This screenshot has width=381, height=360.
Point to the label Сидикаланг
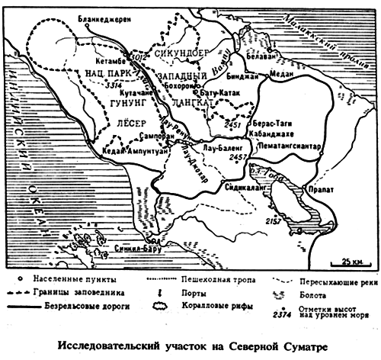[x=245, y=185]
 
